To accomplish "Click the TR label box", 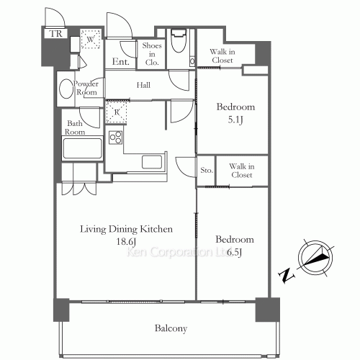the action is tap(55, 34).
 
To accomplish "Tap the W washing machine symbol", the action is tap(90, 39).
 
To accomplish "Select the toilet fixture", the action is tap(179, 41).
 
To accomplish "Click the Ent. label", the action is tap(121, 62).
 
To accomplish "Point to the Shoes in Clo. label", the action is tap(152, 54).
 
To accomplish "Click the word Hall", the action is tap(143, 85).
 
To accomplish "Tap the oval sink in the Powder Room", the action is tap(66, 89).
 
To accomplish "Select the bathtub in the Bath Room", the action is tap(82, 148).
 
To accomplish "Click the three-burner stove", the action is tap(115, 138).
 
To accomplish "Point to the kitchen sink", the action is tap(152, 162).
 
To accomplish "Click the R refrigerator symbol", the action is tap(117, 112).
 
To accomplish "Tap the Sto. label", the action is tap(207, 170).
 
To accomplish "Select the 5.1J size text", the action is tap(235, 120).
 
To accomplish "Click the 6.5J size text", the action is tap(234, 252).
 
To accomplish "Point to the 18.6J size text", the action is tap(126, 241).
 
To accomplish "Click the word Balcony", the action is tap(171, 328).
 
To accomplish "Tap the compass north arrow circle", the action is tap(315, 258).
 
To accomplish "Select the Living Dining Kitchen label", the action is tap(126, 229).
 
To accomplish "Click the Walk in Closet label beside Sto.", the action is tap(242, 171).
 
